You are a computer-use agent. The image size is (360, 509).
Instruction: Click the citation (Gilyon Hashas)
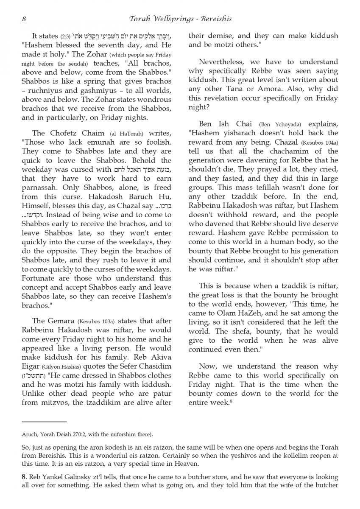57,366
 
